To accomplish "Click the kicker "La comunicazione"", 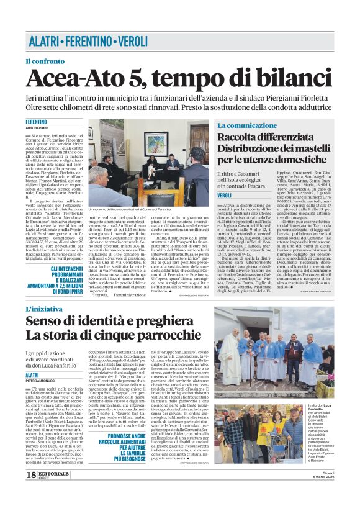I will [x=247, y=125].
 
